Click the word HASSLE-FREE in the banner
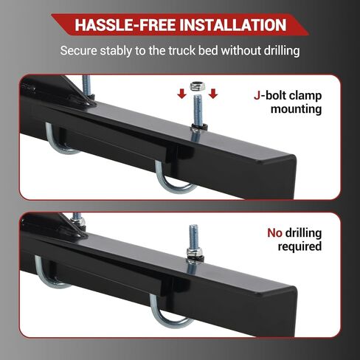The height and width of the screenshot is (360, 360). coord(122,25)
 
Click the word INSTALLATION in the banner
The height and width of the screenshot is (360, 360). coord(230,25)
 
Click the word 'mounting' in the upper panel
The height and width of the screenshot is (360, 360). coord(296,108)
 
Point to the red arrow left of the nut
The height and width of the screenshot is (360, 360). coord(178,93)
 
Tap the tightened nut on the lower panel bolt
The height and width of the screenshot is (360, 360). coord(194,253)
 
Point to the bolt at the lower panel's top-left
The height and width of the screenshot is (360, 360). coord(76,219)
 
